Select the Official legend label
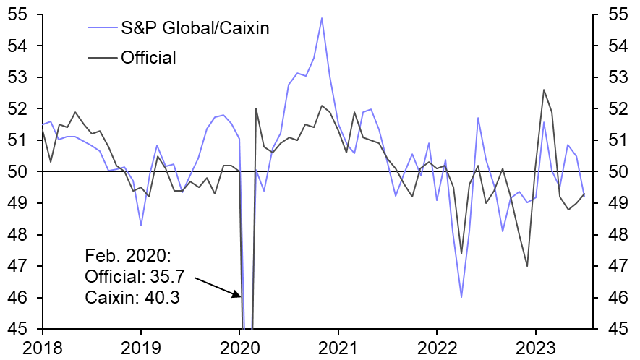click(x=148, y=57)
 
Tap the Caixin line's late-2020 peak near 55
click(x=322, y=18)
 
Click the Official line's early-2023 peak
click(x=544, y=90)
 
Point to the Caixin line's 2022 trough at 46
click(x=461, y=297)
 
